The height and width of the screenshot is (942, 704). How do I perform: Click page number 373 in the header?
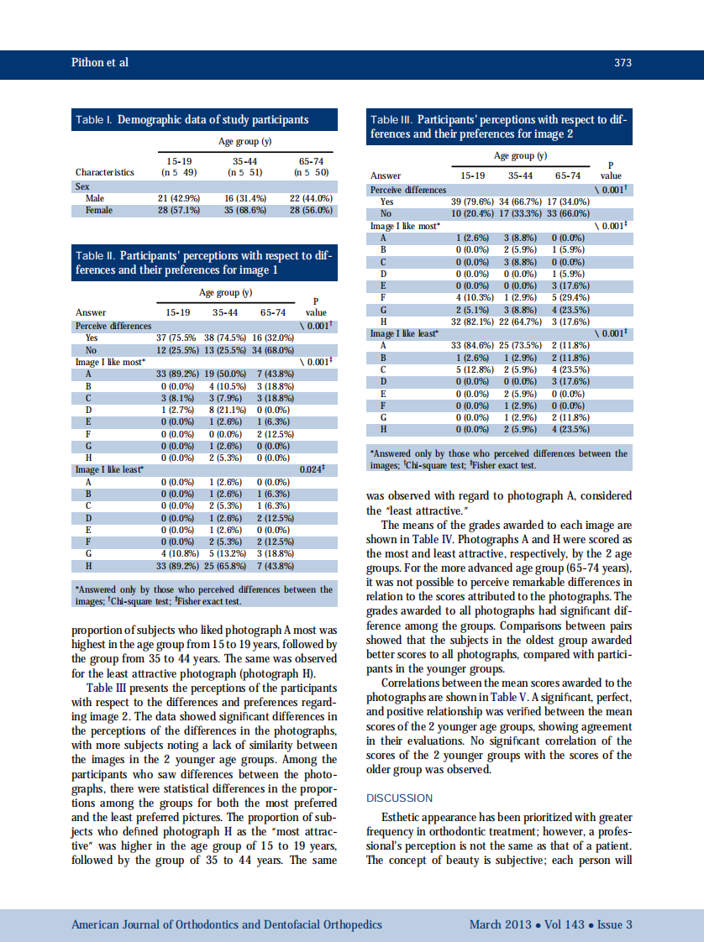pyautogui.click(x=623, y=63)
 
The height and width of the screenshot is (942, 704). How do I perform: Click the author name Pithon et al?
pyautogui.click(x=99, y=63)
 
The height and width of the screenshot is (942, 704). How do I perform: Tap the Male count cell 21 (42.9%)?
pyautogui.click(x=177, y=198)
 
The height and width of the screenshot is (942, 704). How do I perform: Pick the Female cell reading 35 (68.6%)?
pyautogui.click(x=245, y=210)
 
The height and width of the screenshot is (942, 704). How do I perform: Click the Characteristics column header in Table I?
pyautogui.click(x=104, y=172)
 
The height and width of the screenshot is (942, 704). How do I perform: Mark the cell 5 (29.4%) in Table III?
pyautogui.click(x=567, y=296)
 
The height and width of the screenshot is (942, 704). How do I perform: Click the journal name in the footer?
pyautogui.click(x=227, y=924)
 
